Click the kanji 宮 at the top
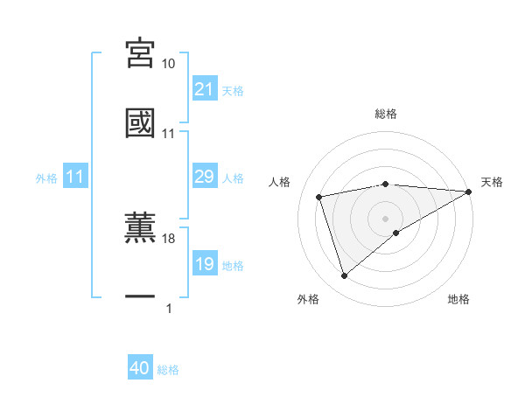tap(140, 54)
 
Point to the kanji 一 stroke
tap(140, 298)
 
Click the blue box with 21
tap(204, 89)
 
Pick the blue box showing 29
tap(204, 178)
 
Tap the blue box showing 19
tap(204, 265)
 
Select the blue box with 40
tap(140, 369)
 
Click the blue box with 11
tap(75, 178)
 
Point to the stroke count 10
tap(169, 64)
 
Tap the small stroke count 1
tap(168, 308)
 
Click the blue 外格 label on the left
tap(46, 178)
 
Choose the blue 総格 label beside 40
tap(169, 370)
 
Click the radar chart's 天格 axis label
tap(492, 182)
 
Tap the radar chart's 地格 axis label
tap(458, 299)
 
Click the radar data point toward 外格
tap(344, 276)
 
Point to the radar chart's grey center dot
tap(385, 218)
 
